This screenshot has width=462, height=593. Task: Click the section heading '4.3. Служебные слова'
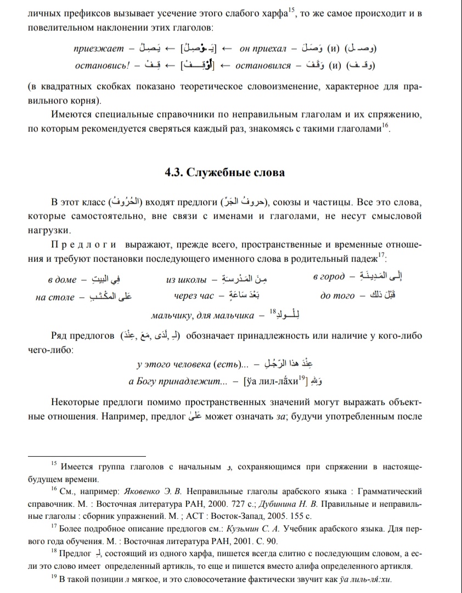click(x=225, y=172)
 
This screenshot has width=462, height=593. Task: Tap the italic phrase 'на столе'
click(x=54, y=298)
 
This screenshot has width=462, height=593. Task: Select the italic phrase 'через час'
click(x=194, y=297)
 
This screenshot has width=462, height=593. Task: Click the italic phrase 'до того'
click(x=337, y=297)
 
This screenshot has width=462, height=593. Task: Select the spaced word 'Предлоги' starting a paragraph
click(x=84, y=243)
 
